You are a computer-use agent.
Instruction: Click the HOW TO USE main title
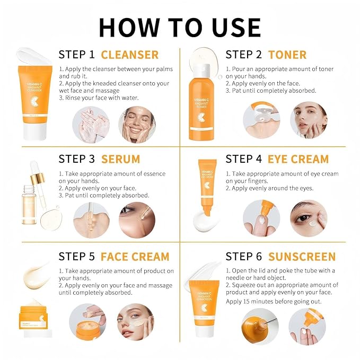[180, 27]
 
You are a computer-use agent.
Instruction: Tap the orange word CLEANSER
[129, 55]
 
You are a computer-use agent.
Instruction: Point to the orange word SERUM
[120, 159]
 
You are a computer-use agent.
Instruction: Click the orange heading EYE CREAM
[298, 159]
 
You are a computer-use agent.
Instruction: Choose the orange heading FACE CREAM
[135, 257]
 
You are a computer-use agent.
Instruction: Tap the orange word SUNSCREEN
[302, 257]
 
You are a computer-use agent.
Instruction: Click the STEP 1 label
[77, 55]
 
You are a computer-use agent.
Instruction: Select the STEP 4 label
[244, 159]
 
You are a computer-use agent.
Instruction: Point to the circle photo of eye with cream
[309, 218]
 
